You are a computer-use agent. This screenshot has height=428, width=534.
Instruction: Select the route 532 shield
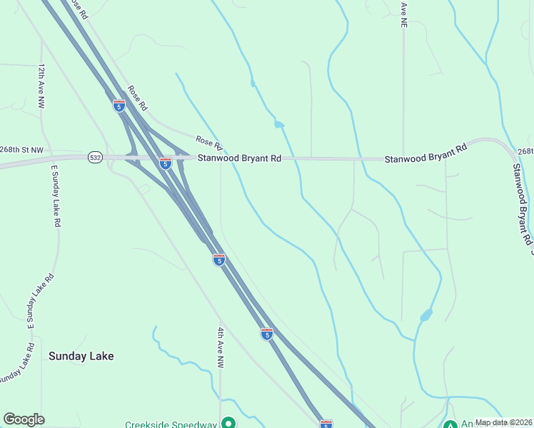pos(95,156)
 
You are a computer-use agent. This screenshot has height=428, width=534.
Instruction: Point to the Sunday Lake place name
pos(81,355)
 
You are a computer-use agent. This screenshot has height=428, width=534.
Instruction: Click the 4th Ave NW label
pos(221,348)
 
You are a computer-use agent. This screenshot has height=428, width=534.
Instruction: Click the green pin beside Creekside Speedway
pos(228,423)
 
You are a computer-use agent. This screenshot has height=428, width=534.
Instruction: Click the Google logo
pos(24,419)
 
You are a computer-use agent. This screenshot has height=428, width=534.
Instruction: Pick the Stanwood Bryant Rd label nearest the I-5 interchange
pos(239,158)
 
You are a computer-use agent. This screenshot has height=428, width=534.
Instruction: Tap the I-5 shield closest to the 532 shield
pos(165,163)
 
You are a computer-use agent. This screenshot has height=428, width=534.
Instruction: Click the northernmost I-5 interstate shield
pos(119,106)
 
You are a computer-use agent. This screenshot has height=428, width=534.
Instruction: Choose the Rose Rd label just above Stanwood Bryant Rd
pos(209,145)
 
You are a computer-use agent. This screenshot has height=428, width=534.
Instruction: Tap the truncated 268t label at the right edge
pos(525,151)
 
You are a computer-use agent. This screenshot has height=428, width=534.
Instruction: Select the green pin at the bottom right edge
pos(450,425)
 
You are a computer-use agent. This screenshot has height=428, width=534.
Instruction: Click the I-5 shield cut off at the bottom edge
pos(326,424)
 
